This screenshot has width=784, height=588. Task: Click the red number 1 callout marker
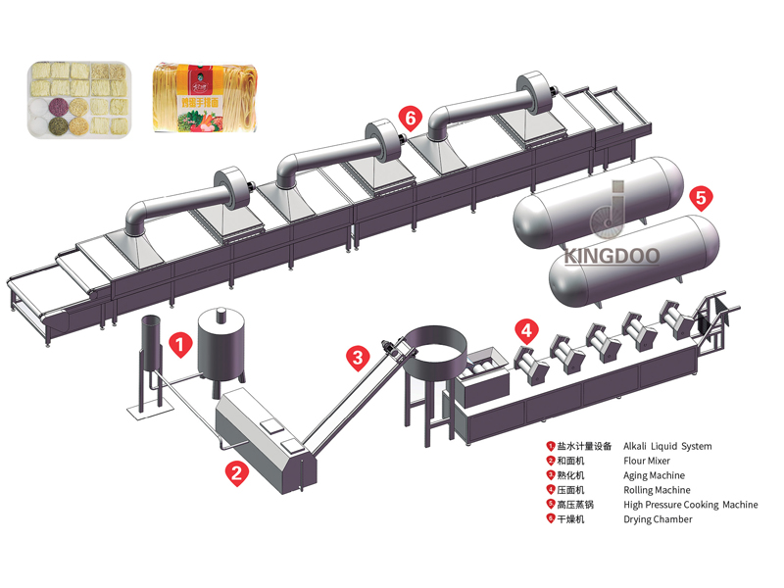pyautogui.click(x=179, y=344)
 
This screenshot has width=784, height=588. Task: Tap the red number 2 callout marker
pyautogui.click(x=235, y=472)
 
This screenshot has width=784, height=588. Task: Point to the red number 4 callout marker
pyautogui.click(x=527, y=330)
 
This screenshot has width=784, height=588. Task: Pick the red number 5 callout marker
pyautogui.click(x=700, y=196)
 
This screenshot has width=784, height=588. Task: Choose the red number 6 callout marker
pyautogui.click(x=411, y=119)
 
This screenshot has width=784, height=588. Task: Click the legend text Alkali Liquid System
pyautogui.click(x=667, y=446)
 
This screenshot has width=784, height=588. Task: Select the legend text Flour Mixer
pyautogui.click(x=647, y=461)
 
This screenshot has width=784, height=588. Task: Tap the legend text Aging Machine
pyautogui.click(x=654, y=475)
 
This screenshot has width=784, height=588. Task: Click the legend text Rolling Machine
pyautogui.click(x=657, y=490)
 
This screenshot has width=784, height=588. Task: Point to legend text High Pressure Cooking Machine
pyautogui.click(x=690, y=505)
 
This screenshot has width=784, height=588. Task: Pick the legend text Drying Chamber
pyautogui.click(x=658, y=519)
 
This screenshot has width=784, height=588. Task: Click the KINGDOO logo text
pyautogui.click(x=611, y=257)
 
